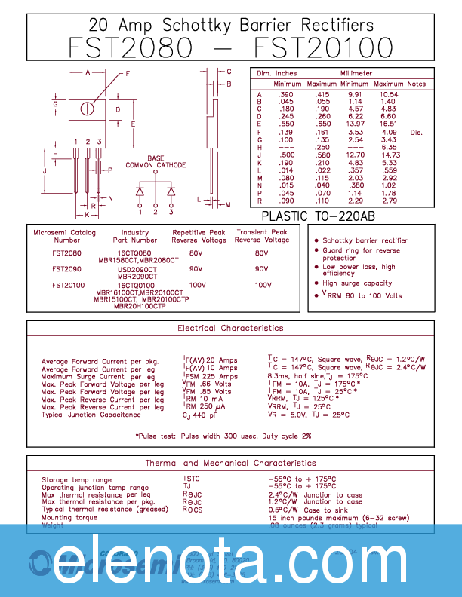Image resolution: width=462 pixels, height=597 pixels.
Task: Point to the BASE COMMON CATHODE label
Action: coord(156,161)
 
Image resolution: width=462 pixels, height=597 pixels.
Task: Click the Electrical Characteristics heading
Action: coord(230,328)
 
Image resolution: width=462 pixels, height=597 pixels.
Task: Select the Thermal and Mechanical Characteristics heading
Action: coord(230,463)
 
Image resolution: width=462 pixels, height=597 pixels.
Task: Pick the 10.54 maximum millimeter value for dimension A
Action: coord(389,94)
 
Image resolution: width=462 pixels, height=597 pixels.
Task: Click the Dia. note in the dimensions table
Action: coord(416,133)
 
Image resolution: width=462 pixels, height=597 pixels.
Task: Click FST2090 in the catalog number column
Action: coord(67,268)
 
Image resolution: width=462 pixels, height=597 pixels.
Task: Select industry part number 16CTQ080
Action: coord(134,253)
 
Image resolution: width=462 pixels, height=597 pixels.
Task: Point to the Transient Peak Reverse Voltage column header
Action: coord(262,236)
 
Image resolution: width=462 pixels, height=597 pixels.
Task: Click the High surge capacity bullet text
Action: coord(357,283)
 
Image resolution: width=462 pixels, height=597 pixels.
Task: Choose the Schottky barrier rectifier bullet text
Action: coord(365,240)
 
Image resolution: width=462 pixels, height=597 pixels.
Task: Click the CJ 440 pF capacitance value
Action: coord(200,415)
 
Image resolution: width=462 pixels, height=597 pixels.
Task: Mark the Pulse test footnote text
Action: coord(223,436)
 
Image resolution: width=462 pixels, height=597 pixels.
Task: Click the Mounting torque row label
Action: coord(69,518)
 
